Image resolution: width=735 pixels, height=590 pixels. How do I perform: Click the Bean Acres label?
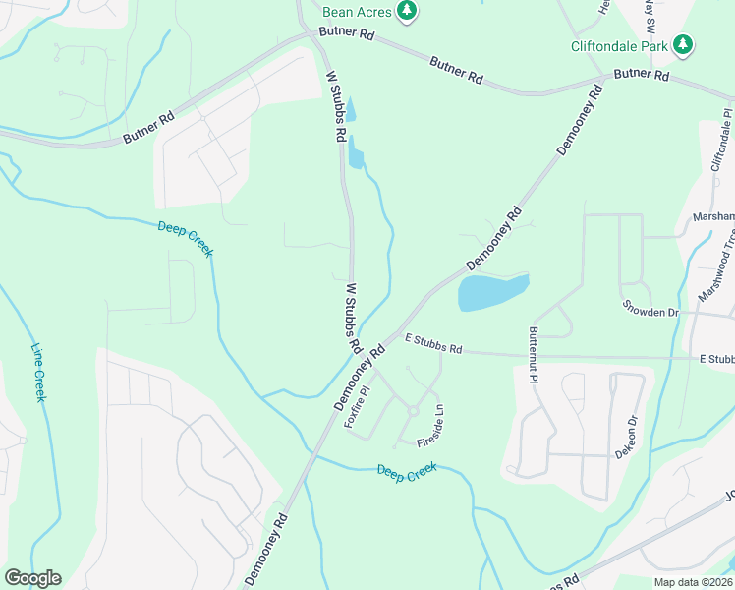pyautogui.click(x=358, y=11)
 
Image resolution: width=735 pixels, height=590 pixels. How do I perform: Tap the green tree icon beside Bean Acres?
pyautogui.click(x=407, y=11)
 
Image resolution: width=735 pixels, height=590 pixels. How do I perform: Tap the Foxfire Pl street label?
pyautogui.click(x=357, y=405)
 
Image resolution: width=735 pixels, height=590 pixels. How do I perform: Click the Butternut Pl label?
pyautogui.click(x=533, y=354)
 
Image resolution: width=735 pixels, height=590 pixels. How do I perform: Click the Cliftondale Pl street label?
pyautogui.click(x=719, y=144)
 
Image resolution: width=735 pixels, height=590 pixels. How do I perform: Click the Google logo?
pyautogui.click(x=31, y=578)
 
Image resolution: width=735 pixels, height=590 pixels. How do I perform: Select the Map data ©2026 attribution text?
pyautogui.click(x=691, y=582)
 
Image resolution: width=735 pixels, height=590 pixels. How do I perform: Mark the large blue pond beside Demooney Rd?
pyautogui.click(x=492, y=292)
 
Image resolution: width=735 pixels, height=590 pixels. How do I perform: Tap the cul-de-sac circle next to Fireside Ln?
pyautogui.click(x=414, y=411)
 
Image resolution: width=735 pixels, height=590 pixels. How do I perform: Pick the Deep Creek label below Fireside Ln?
pyautogui.click(x=406, y=471)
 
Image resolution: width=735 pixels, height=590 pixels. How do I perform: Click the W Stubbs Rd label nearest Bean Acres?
pyautogui.click(x=336, y=104)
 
